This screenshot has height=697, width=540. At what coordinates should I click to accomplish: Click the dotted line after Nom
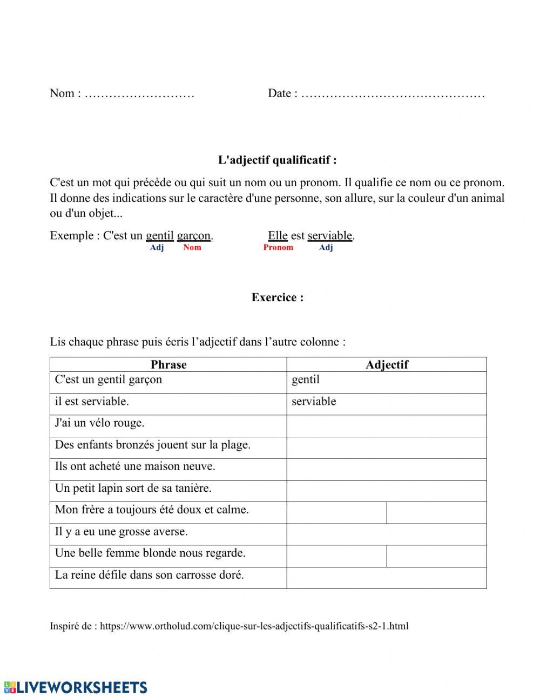point(139,94)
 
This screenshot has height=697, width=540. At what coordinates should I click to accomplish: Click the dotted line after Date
point(393,94)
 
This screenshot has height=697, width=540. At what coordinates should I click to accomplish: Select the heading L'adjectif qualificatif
point(277,160)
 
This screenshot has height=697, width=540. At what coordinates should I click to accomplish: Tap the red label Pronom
point(278,247)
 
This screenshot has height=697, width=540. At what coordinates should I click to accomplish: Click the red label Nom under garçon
point(192,247)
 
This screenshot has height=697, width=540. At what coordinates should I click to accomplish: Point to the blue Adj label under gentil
point(157,247)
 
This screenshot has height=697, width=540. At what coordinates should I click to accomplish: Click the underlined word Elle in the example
point(278,235)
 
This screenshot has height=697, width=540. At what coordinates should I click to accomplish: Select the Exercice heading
point(277,297)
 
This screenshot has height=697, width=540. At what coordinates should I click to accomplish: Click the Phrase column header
point(168,364)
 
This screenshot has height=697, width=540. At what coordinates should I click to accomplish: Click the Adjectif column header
point(387,364)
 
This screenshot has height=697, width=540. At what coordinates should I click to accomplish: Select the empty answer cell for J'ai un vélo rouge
point(387,426)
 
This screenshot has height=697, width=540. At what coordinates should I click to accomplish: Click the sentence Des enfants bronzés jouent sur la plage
point(153,445)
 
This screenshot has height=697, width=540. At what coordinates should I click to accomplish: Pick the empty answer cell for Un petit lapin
point(387,491)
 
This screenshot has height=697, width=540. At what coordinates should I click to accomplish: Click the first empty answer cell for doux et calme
point(336,512)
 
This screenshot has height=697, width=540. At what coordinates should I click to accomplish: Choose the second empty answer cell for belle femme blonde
point(436,556)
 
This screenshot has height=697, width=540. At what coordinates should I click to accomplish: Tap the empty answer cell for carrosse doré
point(387,577)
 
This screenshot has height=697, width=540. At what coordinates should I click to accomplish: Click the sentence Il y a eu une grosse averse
point(122,531)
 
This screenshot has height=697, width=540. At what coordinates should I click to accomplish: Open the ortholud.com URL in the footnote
point(254,626)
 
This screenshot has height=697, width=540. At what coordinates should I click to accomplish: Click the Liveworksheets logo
point(76,687)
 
